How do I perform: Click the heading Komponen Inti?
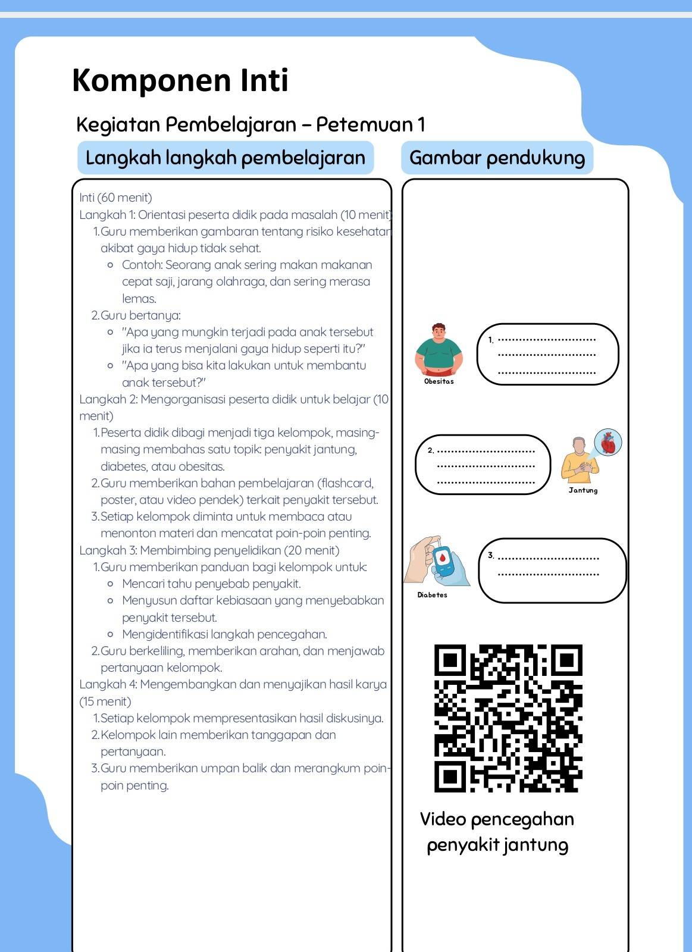point(180,80)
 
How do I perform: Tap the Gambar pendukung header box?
point(497,158)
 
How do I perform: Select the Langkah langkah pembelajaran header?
point(226,158)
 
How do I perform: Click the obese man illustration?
point(439,349)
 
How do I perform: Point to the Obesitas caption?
point(439,381)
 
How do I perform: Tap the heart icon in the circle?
point(608,443)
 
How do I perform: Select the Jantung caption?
point(583,490)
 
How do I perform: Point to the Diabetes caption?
point(433,595)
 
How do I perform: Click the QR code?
point(508,718)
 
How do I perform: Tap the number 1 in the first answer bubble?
point(491,340)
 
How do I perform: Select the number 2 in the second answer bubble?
point(431,450)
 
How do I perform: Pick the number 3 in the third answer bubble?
point(491,555)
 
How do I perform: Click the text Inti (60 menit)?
point(115,198)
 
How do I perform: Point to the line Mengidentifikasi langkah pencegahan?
point(224,634)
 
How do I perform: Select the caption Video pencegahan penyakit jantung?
point(497,832)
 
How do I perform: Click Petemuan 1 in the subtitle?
point(370,124)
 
